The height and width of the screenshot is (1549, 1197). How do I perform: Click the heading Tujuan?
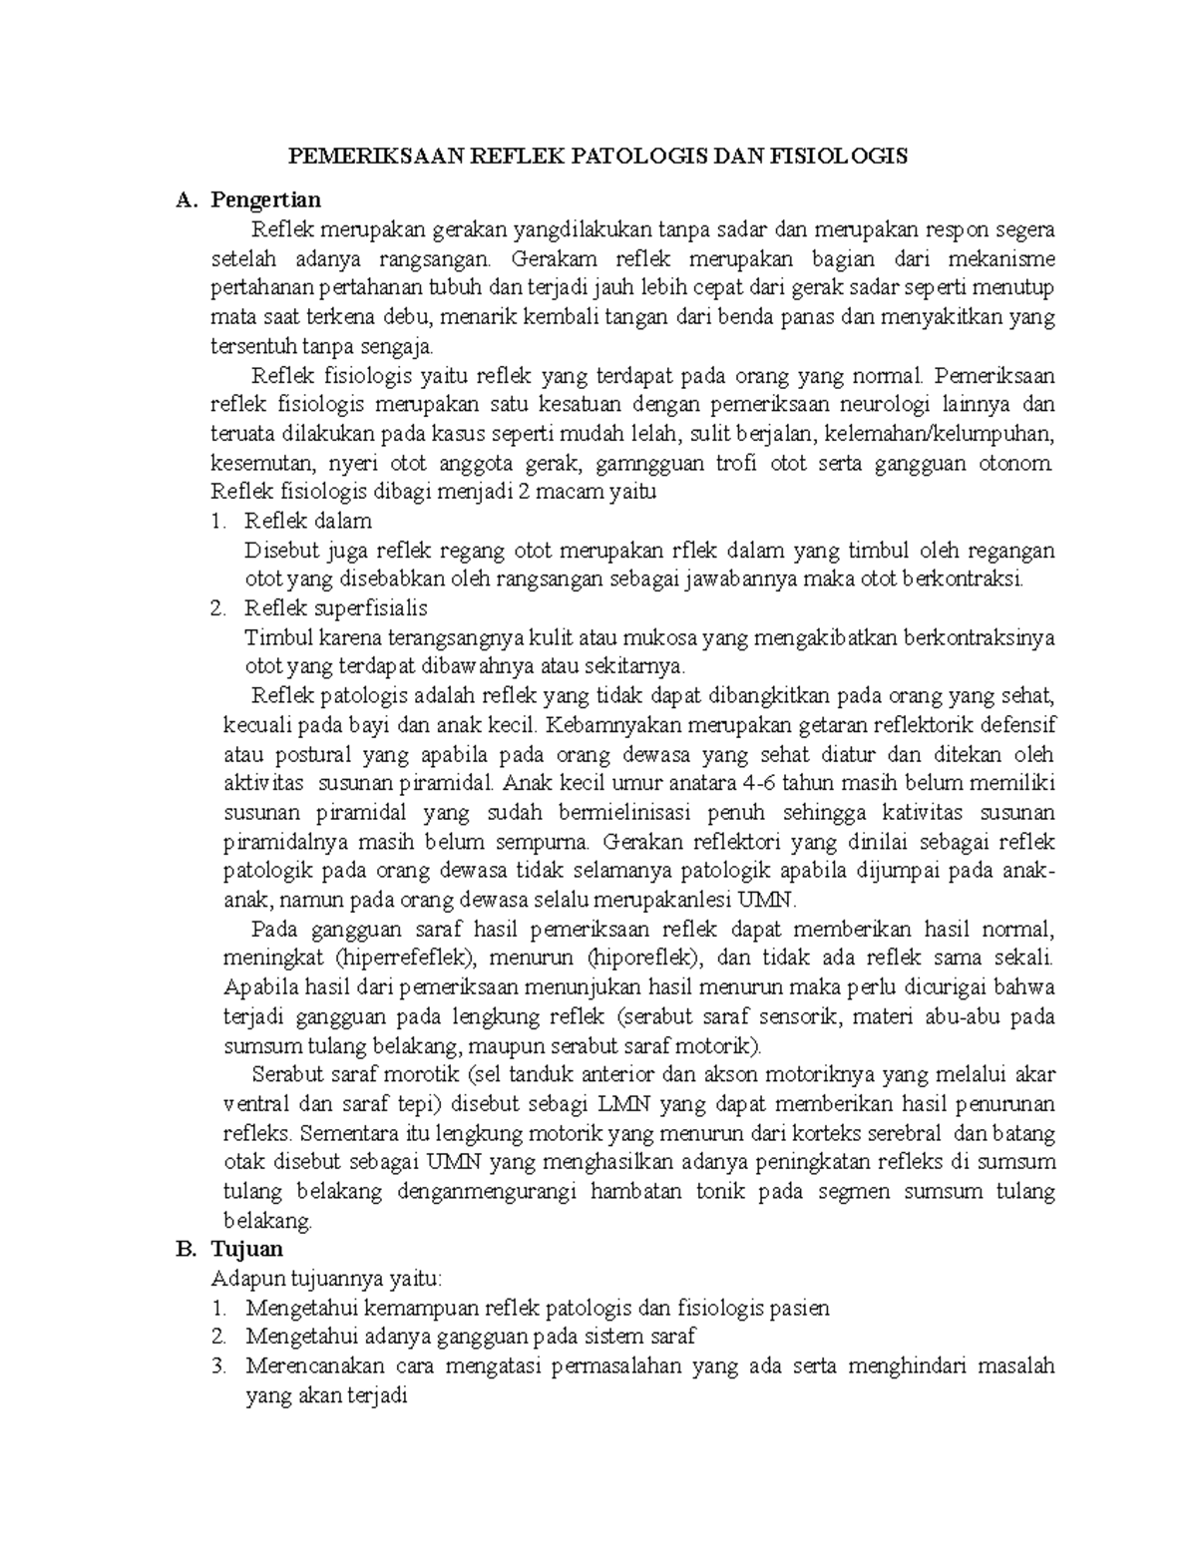coord(247,1249)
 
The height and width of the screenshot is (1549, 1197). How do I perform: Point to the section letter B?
coord(183,1249)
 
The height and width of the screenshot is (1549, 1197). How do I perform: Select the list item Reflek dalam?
coord(308,521)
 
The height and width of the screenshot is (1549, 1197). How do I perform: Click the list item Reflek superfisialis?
coord(336,607)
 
